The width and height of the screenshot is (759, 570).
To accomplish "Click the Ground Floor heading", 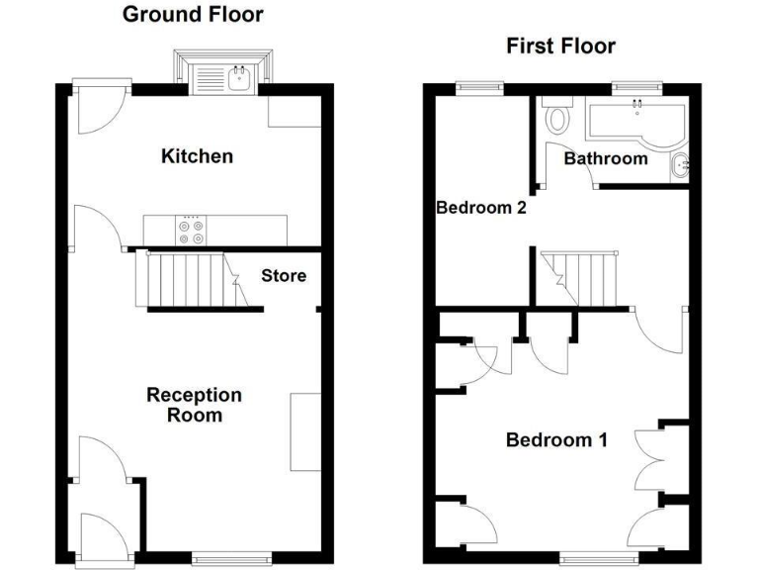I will tap(193, 15).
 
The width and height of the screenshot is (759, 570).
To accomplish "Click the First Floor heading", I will tap(560, 47).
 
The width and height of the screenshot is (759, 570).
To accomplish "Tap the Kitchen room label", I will tap(198, 156).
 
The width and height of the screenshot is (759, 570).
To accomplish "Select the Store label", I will tap(284, 276).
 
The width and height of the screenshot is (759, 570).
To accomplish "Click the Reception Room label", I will tap(194, 405).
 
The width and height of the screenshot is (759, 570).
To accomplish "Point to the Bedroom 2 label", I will tap(480, 208).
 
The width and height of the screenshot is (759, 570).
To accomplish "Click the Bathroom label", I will tap(605, 158).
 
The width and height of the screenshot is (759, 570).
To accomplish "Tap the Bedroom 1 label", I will tap(556, 440).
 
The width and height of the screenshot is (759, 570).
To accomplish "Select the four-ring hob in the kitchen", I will tap(192, 231).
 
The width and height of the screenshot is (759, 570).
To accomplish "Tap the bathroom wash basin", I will tap(681, 165).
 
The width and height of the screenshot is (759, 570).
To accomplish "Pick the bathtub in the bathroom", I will tap(632, 121).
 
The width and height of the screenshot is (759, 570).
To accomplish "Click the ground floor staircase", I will tap(188, 280).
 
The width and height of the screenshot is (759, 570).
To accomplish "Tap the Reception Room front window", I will tap(231, 559).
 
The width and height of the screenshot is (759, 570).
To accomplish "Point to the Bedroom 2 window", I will tap(479, 88).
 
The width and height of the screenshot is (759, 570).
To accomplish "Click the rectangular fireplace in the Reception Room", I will tap(304, 431).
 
